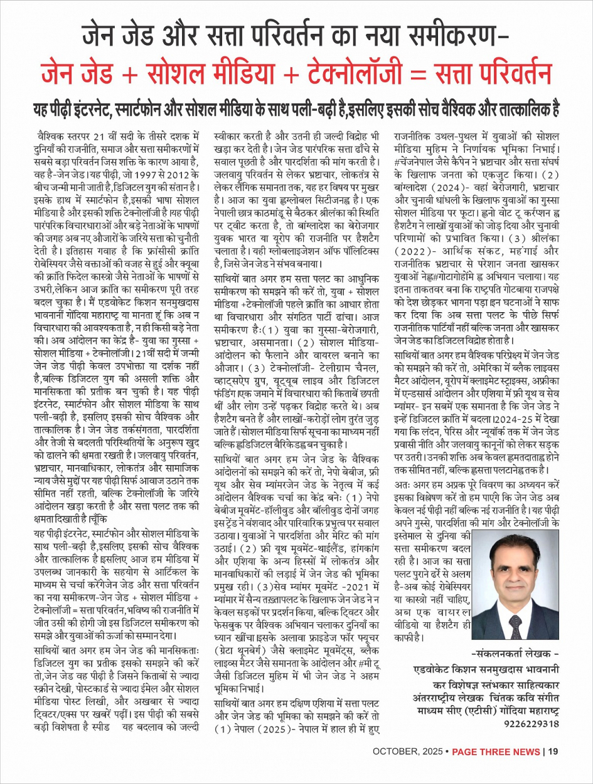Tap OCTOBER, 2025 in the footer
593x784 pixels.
(x=407, y=751)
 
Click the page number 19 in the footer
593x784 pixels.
(x=553, y=751)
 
